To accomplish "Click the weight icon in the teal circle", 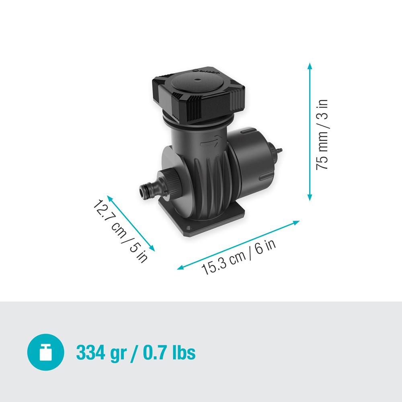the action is (46, 352).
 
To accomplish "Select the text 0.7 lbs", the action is (169, 352).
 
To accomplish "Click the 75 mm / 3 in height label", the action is (322, 134).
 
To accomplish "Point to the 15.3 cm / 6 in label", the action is (239, 257).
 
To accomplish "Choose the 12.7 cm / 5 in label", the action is (120, 231).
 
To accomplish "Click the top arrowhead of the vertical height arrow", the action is (310, 66).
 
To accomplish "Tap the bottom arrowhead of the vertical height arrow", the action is (310, 197).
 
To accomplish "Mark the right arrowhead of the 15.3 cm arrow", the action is (296, 222).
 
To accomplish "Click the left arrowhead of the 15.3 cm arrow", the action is (180, 267).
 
